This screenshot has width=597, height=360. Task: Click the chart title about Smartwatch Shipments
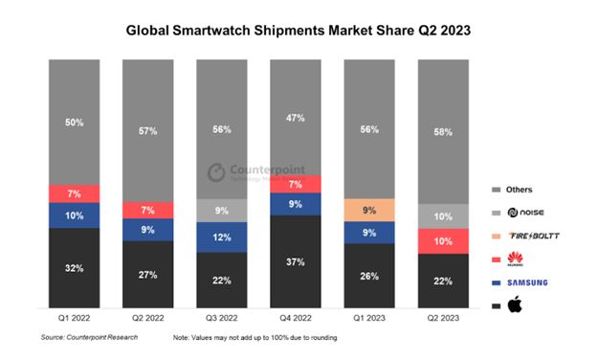click(298, 30)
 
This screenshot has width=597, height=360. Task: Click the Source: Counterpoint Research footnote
click(87, 338)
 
